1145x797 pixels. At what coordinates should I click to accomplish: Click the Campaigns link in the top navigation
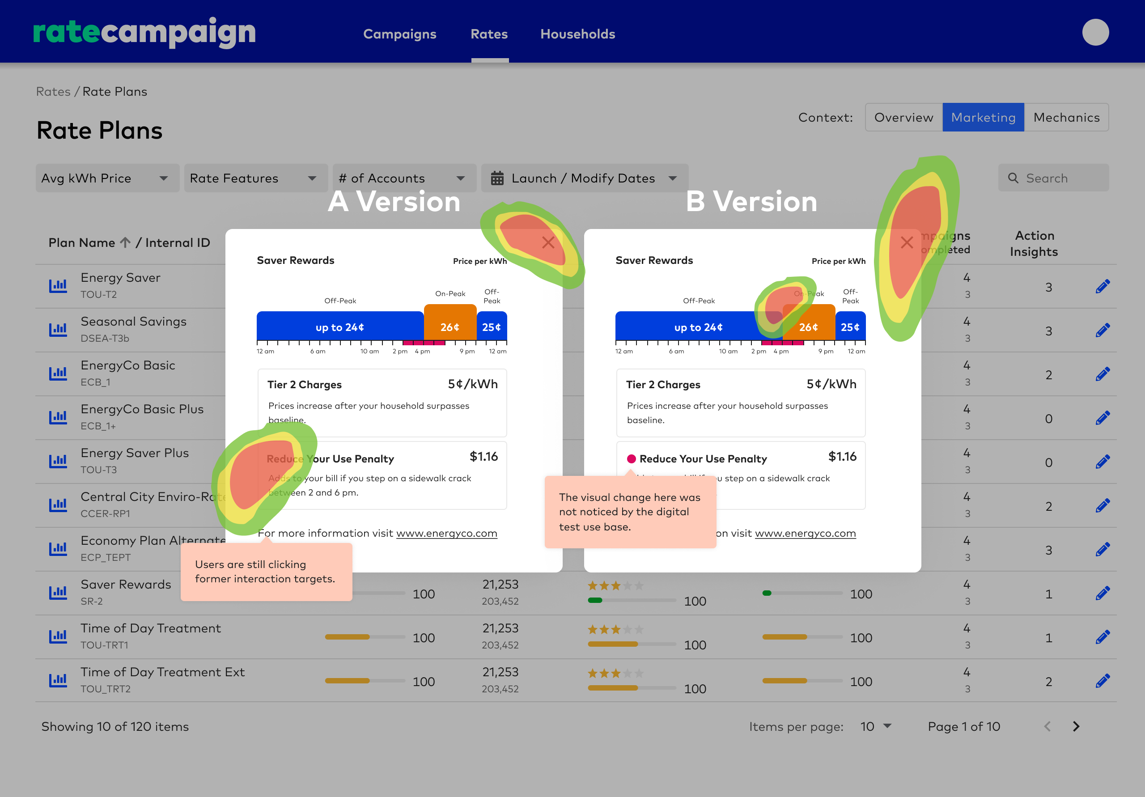(399, 34)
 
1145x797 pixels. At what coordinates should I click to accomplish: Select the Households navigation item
(577, 34)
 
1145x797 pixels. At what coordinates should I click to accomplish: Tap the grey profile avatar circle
(1095, 32)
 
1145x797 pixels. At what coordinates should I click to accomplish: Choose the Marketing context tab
(983, 117)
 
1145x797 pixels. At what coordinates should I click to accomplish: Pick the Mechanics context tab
(1066, 117)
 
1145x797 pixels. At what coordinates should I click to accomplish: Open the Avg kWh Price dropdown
(107, 178)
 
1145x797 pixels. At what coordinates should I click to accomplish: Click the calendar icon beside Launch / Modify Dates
(497, 178)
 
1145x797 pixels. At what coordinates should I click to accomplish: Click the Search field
(1053, 178)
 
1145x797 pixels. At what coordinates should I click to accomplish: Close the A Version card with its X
(548, 243)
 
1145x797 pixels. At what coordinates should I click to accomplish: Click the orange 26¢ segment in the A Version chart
(450, 326)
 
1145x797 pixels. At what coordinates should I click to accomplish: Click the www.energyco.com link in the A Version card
(446, 533)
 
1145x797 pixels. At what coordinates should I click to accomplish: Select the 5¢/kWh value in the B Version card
(831, 384)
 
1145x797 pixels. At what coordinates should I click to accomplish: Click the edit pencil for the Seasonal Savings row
(1103, 330)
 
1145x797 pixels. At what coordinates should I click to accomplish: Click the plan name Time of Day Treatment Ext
(162, 672)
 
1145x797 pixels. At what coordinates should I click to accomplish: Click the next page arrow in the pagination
(1076, 727)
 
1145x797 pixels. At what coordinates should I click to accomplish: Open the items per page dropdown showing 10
(876, 727)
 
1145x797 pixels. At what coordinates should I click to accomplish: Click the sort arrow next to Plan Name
(125, 242)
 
